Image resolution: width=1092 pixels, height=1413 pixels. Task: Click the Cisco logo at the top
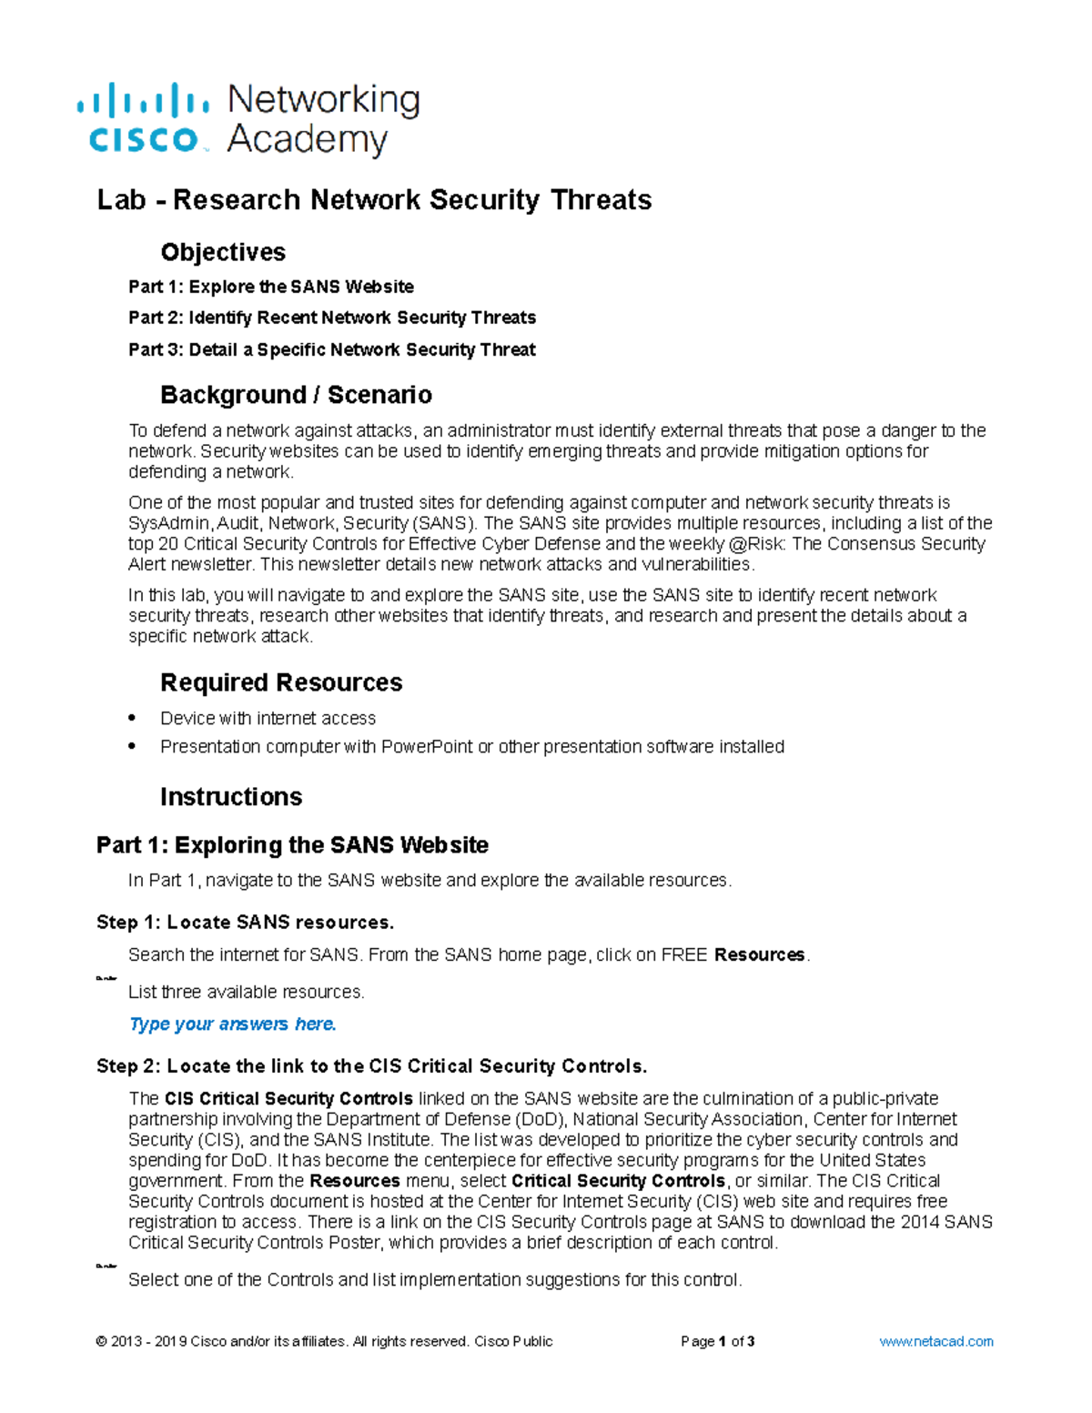144,118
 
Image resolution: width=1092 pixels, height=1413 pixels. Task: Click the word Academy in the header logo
308,141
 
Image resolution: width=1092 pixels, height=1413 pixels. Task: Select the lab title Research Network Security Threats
374,200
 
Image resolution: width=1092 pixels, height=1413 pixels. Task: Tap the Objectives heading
223,252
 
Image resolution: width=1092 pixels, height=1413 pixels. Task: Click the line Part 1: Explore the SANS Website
271,287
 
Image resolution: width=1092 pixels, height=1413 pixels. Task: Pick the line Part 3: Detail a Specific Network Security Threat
332,349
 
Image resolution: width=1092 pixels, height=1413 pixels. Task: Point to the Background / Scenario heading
296,395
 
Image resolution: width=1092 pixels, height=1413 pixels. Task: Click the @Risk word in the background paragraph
755,544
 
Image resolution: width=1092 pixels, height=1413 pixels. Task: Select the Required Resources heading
281,682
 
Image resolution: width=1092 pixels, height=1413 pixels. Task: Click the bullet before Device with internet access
133,718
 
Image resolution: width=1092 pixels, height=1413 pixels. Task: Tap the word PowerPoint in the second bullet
427,747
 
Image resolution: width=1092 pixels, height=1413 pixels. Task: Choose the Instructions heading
231,797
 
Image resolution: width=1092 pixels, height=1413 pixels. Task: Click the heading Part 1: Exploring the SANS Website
292,845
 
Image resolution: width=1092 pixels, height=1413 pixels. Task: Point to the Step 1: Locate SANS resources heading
246,923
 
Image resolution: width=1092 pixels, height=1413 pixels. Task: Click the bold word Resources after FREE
760,955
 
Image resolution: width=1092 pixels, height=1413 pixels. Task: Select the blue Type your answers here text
233,1024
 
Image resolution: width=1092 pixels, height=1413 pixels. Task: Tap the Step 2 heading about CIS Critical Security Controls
371,1066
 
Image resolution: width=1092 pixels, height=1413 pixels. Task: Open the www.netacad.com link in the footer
936,1341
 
